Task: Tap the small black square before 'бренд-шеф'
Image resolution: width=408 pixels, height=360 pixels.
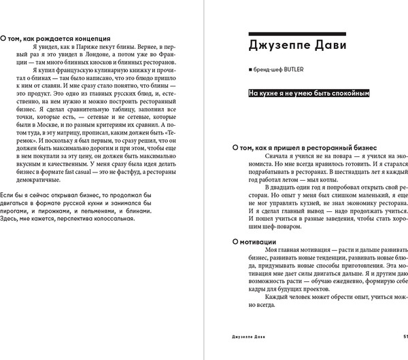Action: pyautogui.click(x=251, y=69)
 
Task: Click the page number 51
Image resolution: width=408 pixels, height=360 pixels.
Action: pyautogui.click(x=405, y=353)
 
